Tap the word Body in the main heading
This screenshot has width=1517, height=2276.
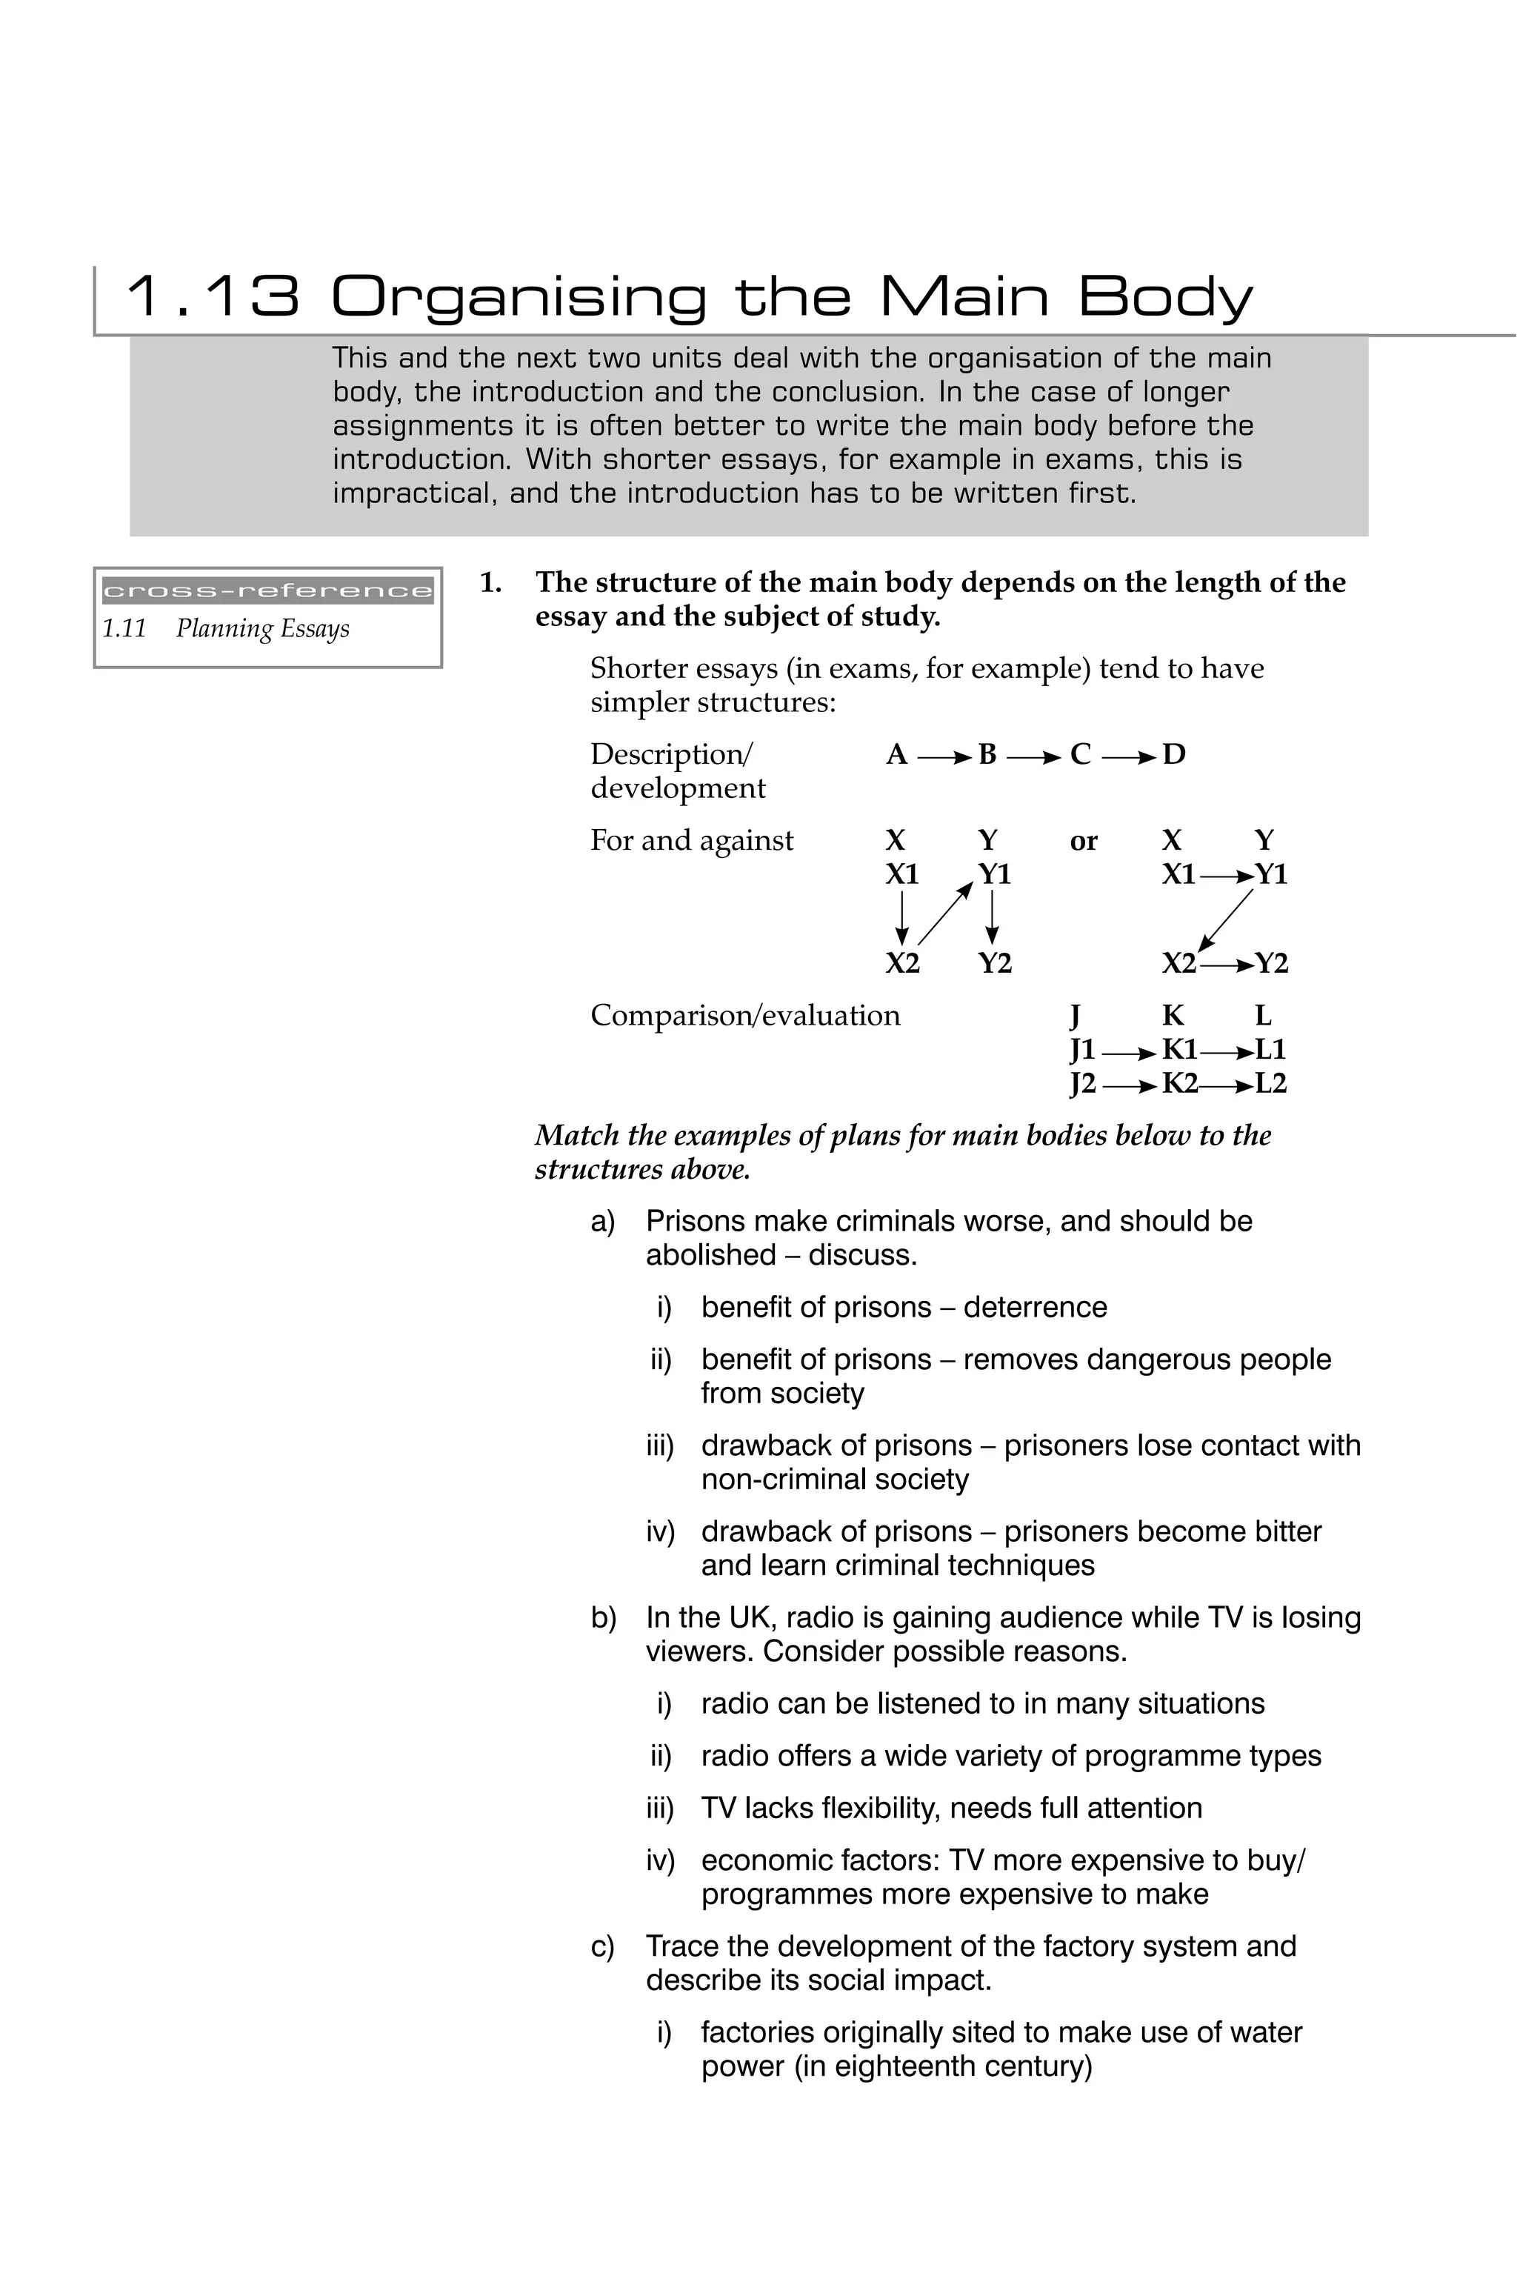pyautogui.click(x=1165, y=298)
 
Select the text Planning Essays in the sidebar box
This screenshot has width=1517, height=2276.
pyautogui.click(x=262, y=629)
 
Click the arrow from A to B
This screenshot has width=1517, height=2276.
pyautogui.click(x=941, y=755)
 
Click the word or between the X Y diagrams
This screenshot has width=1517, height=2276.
pyautogui.click(x=1084, y=841)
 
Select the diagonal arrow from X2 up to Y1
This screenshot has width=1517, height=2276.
pyautogui.click(x=944, y=914)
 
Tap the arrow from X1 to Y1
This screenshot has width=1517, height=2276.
pyautogui.click(x=1226, y=876)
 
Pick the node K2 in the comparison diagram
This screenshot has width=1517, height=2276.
pyautogui.click(x=1179, y=1084)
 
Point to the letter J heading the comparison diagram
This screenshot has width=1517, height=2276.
pyautogui.click(x=1075, y=1016)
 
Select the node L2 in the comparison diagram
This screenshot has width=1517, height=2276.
pyautogui.click(x=1270, y=1084)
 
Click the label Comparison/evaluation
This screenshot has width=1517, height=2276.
pyautogui.click(x=745, y=1016)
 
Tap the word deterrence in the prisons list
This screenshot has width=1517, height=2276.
pyautogui.click(x=1036, y=1308)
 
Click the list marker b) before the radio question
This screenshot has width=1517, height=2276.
pyautogui.click(x=603, y=1617)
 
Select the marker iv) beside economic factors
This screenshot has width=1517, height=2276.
pyautogui.click(x=660, y=1861)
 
